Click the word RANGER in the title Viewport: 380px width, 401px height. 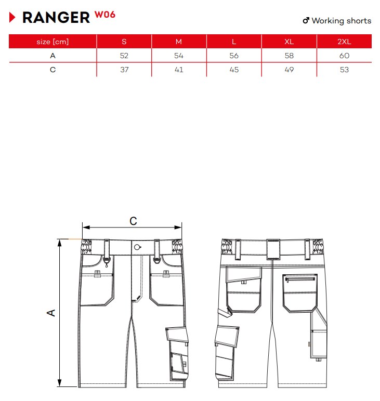56,18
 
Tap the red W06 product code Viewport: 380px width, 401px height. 105,15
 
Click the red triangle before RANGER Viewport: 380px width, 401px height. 12,17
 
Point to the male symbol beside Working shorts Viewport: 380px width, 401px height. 306,20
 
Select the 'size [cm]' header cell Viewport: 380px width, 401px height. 53,42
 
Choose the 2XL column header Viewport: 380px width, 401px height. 344,42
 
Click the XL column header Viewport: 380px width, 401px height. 289,42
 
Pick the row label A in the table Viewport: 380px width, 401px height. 53,56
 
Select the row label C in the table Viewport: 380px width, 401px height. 53,70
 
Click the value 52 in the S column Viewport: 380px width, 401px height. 124,56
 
